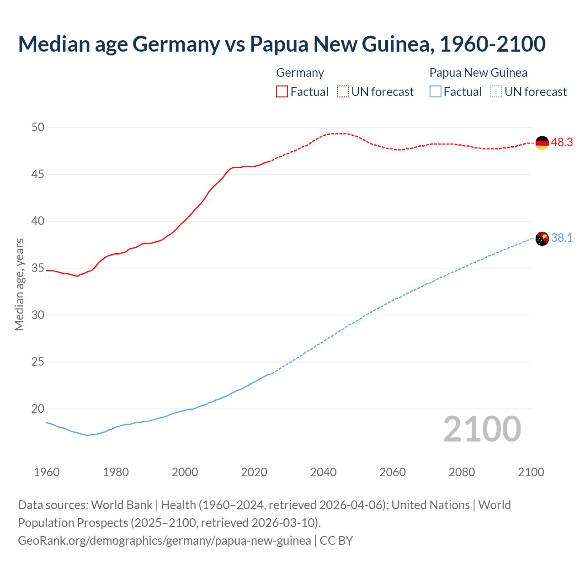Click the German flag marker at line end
click(542, 143)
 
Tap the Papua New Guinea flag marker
click(542, 239)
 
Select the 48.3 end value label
click(562, 143)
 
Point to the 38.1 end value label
click(562, 238)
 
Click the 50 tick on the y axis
click(38, 128)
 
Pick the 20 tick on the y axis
click(38, 409)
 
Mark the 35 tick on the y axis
click(38, 268)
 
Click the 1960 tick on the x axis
click(47, 472)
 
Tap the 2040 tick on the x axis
click(323, 472)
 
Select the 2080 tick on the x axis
click(462, 472)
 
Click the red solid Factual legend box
click(282, 92)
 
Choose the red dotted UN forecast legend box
click(343, 92)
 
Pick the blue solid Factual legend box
click(436, 92)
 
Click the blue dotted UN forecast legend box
click(496, 92)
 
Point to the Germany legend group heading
click(300, 73)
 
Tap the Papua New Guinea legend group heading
click(479, 73)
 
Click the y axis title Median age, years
click(19, 284)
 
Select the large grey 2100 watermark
click(482, 429)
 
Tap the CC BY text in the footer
click(336, 541)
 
